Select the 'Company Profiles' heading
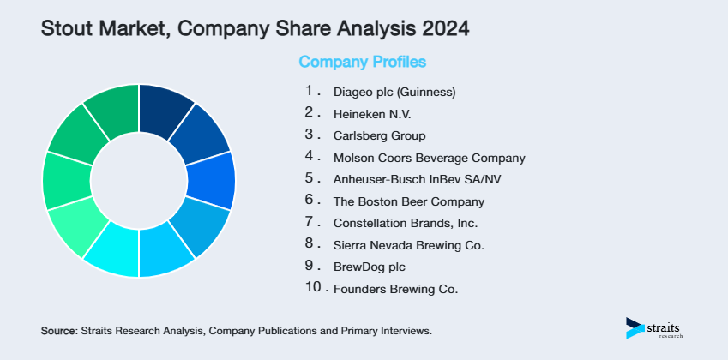pyautogui.click(x=362, y=62)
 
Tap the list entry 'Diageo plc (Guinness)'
pyautogui.click(x=394, y=91)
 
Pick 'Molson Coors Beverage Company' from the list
pyautogui.click(x=429, y=158)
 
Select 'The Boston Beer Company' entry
pyautogui.click(x=408, y=202)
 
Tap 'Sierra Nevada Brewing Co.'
pyautogui.click(x=408, y=245)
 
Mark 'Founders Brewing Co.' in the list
pyautogui.click(x=395, y=289)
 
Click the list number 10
pyautogui.click(x=313, y=288)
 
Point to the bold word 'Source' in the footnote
pyautogui.click(x=58, y=330)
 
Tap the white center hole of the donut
pyautogui.click(x=139, y=181)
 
